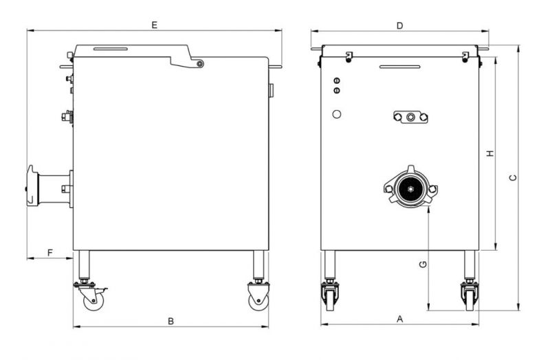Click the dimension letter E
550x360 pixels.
click(154, 25)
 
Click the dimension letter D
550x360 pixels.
click(400, 25)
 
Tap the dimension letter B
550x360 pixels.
click(170, 321)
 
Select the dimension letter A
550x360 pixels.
click(400, 319)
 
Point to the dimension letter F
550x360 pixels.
click(50, 252)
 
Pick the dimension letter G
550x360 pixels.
click(423, 265)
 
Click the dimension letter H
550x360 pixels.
click(490, 153)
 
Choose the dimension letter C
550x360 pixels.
click(513, 178)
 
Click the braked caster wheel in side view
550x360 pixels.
click(93, 301)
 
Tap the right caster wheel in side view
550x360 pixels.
click(258, 301)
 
